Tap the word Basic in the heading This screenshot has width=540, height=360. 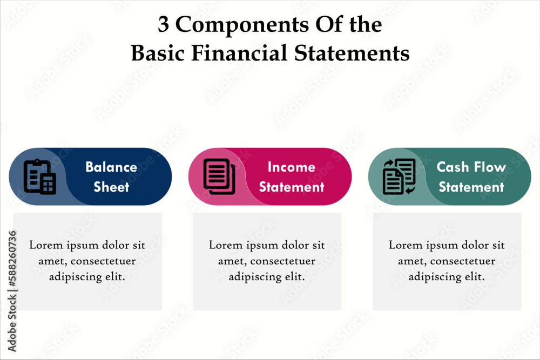[157, 53]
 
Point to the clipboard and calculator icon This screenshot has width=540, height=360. [39, 176]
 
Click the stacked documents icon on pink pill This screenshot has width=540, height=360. [219, 176]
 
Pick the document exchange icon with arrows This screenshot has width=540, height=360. [399, 176]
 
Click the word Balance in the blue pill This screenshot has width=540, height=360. [111, 167]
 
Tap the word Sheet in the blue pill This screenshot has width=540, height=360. [111, 187]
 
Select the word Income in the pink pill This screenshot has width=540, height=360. [292, 167]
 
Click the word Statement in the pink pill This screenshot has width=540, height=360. [292, 187]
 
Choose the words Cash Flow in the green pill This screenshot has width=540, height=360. [471, 167]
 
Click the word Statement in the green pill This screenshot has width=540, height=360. [471, 187]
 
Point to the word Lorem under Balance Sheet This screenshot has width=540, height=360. [44, 245]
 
